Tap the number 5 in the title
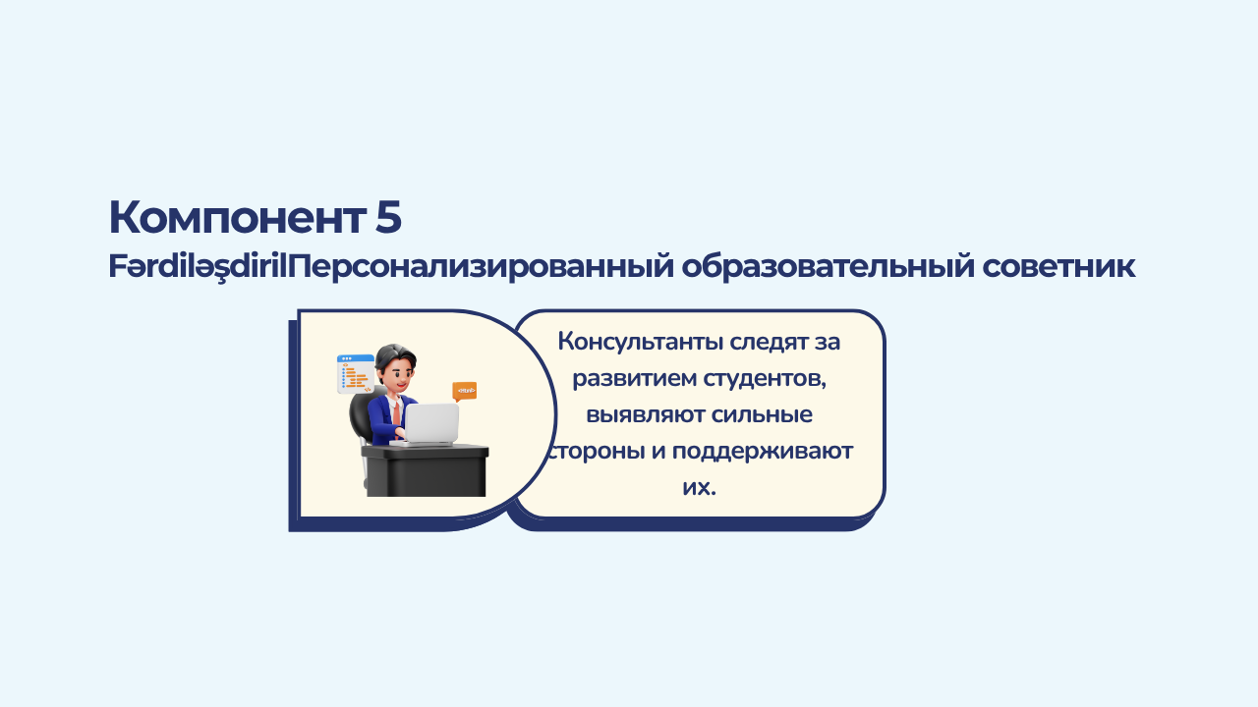[388, 217]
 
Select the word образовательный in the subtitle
[828, 267]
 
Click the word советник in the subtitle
[1058, 267]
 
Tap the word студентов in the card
[765, 379]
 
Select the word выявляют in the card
[646, 415]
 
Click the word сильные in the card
[762, 415]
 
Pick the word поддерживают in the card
[762, 452]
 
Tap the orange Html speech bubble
[465, 391]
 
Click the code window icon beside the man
[356, 374]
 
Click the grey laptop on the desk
[430, 424]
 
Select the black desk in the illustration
[425, 470]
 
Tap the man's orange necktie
[396, 413]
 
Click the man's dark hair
[395, 356]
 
